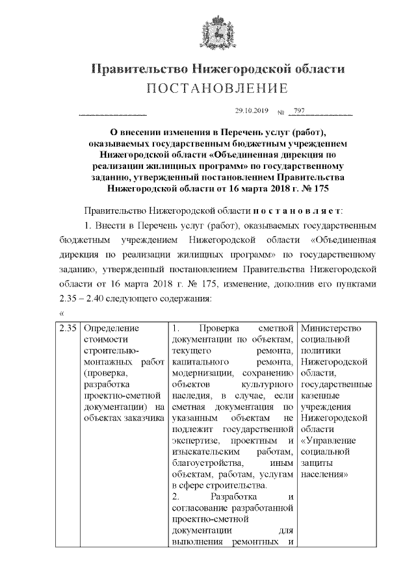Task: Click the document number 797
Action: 299,110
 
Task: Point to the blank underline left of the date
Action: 112,114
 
